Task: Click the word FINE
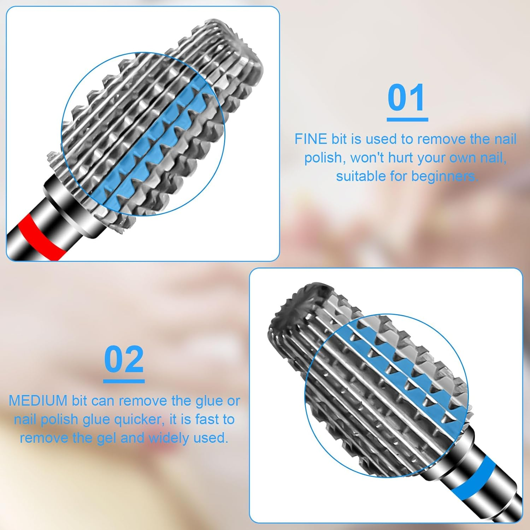pyautogui.click(x=311, y=139)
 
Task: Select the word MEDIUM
pyautogui.click(x=38, y=401)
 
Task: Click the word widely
pyautogui.click(x=169, y=438)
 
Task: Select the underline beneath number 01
pyautogui.click(x=407, y=120)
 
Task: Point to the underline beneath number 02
pyautogui.click(x=124, y=381)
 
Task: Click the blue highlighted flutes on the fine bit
pyautogui.click(x=155, y=141)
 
